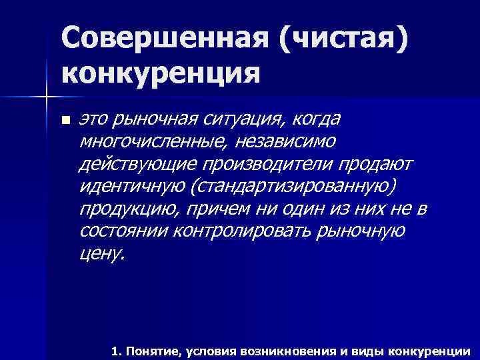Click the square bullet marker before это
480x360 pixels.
pyautogui.click(x=65, y=121)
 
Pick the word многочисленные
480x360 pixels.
pyautogui.click(x=142, y=142)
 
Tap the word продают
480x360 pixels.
pyautogui.click(x=377, y=165)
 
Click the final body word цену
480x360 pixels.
pyautogui.click(x=101, y=254)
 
